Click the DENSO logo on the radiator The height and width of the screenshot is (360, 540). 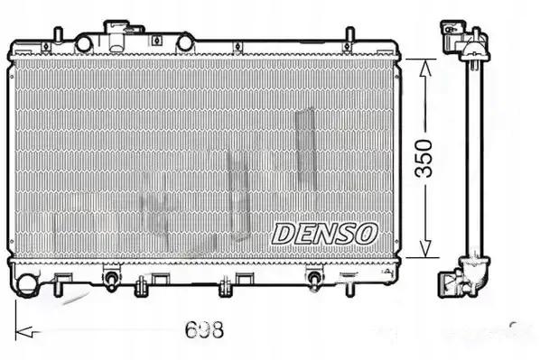323,232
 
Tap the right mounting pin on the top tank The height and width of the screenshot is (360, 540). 346,35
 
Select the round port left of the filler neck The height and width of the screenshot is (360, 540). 84,42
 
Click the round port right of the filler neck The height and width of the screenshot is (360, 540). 185,42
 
